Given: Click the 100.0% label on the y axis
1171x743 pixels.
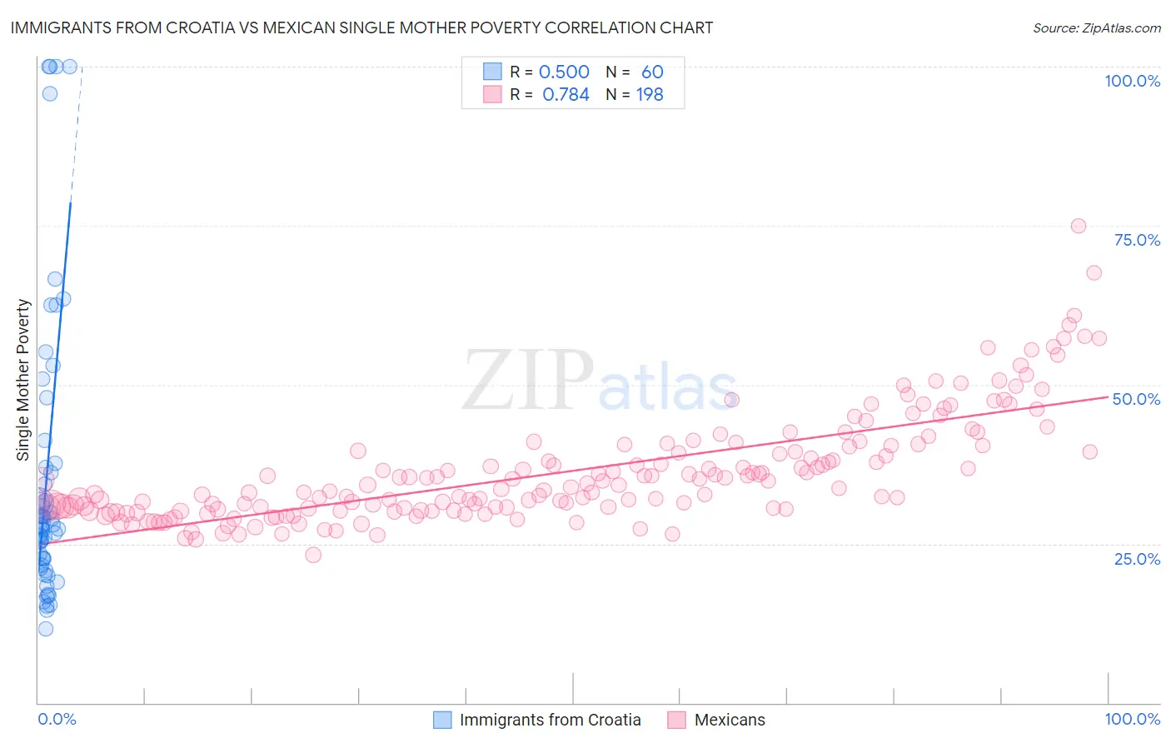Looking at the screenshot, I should (x=1132, y=81).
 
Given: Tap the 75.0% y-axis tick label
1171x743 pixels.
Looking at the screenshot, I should (x=1137, y=240).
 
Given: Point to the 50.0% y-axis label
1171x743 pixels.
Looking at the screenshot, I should (x=1136, y=399).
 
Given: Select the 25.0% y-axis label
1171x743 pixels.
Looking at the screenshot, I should (x=1137, y=558).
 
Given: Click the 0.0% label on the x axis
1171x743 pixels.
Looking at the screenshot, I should (x=57, y=719).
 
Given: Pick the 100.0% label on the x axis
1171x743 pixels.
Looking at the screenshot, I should (x=1132, y=719).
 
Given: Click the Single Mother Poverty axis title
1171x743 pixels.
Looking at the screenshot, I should (x=22, y=380).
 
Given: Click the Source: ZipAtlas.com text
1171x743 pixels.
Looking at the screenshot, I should (x=1096, y=28).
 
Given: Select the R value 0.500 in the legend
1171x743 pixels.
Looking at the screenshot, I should (x=564, y=72).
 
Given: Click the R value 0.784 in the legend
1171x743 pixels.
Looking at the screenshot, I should (x=566, y=95).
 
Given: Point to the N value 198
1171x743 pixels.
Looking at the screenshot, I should (x=650, y=95).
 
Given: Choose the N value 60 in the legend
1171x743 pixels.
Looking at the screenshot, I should (x=652, y=72).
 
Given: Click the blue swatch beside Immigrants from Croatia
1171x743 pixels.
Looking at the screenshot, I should (x=442, y=720).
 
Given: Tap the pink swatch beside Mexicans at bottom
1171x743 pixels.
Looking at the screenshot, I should (x=676, y=720).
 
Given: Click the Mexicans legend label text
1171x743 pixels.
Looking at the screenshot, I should (x=730, y=720).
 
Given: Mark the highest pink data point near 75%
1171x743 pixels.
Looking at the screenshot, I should (x=1078, y=226).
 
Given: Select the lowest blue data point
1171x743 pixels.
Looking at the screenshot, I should (x=46, y=629).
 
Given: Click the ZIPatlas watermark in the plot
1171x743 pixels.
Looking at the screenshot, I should (x=600, y=381).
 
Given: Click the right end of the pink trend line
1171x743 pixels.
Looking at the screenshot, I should (x=1109, y=397).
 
